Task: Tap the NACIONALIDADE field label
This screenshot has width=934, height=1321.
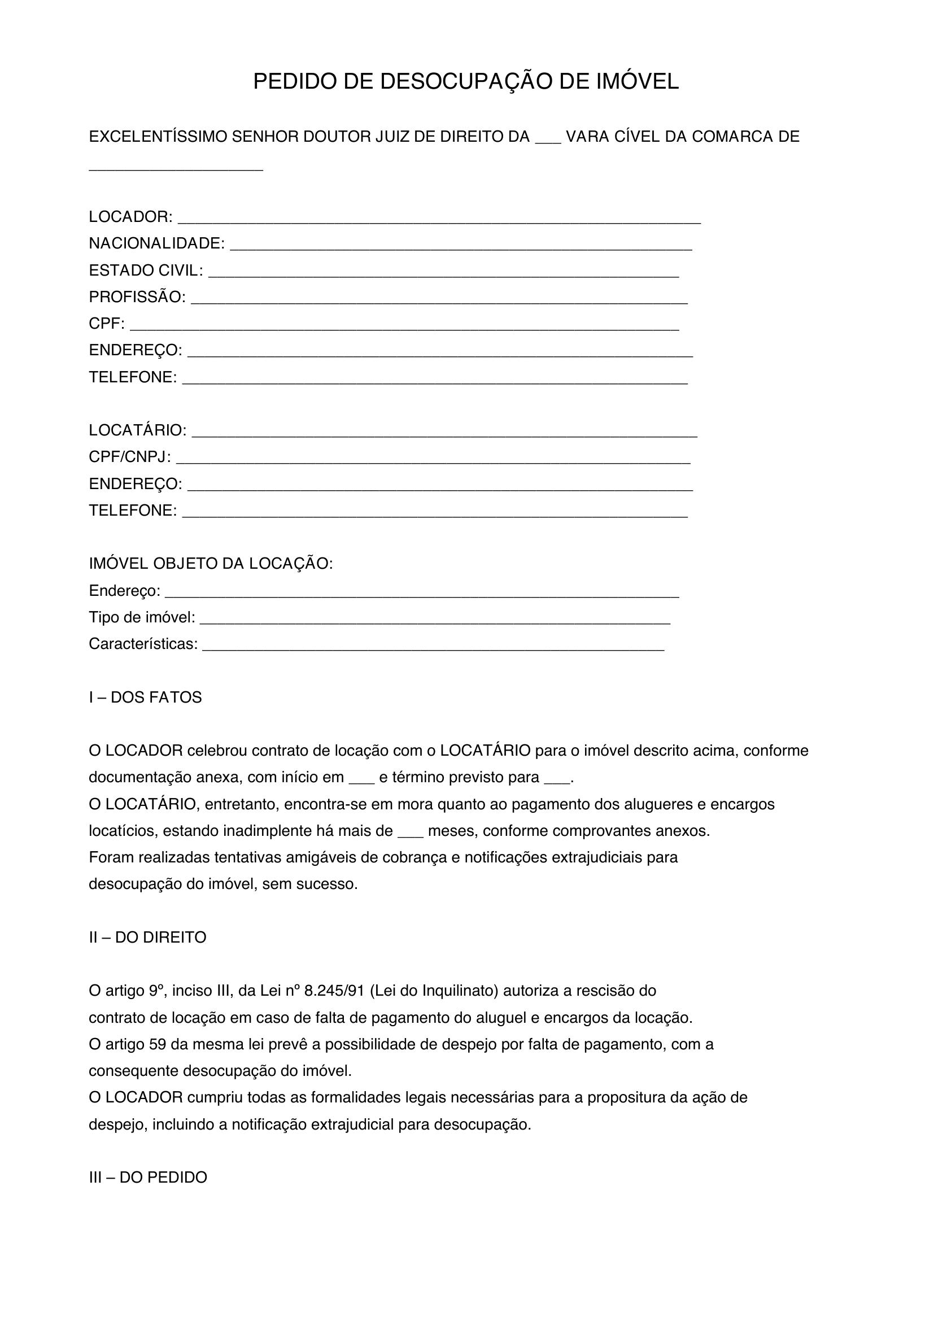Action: point(156,243)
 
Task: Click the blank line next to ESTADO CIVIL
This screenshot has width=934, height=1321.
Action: point(443,272)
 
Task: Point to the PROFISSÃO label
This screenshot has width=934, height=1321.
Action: point(137,297)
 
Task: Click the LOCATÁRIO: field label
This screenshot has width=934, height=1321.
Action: point(137,430)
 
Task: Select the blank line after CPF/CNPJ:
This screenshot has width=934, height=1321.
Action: point(433,459)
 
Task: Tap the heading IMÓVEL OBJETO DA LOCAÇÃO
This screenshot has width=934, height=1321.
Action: point(211,564)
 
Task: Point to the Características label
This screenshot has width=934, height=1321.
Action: point(143,644)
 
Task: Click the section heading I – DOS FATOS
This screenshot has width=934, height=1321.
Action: point(145,697)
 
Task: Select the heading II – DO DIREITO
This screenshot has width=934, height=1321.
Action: point(147,938)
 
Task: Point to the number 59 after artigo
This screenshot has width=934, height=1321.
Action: point(157,1044)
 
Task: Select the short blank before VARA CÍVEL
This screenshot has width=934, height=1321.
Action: point(548,139)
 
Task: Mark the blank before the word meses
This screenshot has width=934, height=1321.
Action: point(410,833)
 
